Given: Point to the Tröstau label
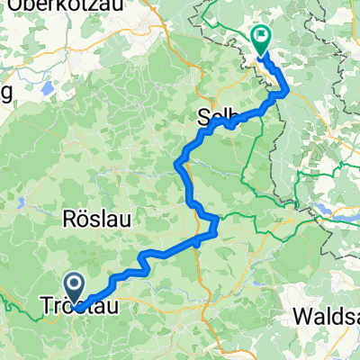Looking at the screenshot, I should [79, 307].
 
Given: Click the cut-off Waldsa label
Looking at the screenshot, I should [328, 318].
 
